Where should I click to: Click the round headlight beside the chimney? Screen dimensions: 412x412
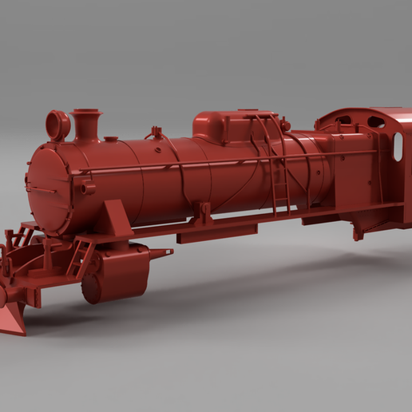(x=57, y=125)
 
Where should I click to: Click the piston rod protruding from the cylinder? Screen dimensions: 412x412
(x=160, y=253)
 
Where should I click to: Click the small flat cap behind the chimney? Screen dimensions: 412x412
(x=111, y=139)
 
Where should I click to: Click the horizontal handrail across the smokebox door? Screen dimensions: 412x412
(x=40, y=188)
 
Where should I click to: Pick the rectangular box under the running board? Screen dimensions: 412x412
(x=216, y=233)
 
